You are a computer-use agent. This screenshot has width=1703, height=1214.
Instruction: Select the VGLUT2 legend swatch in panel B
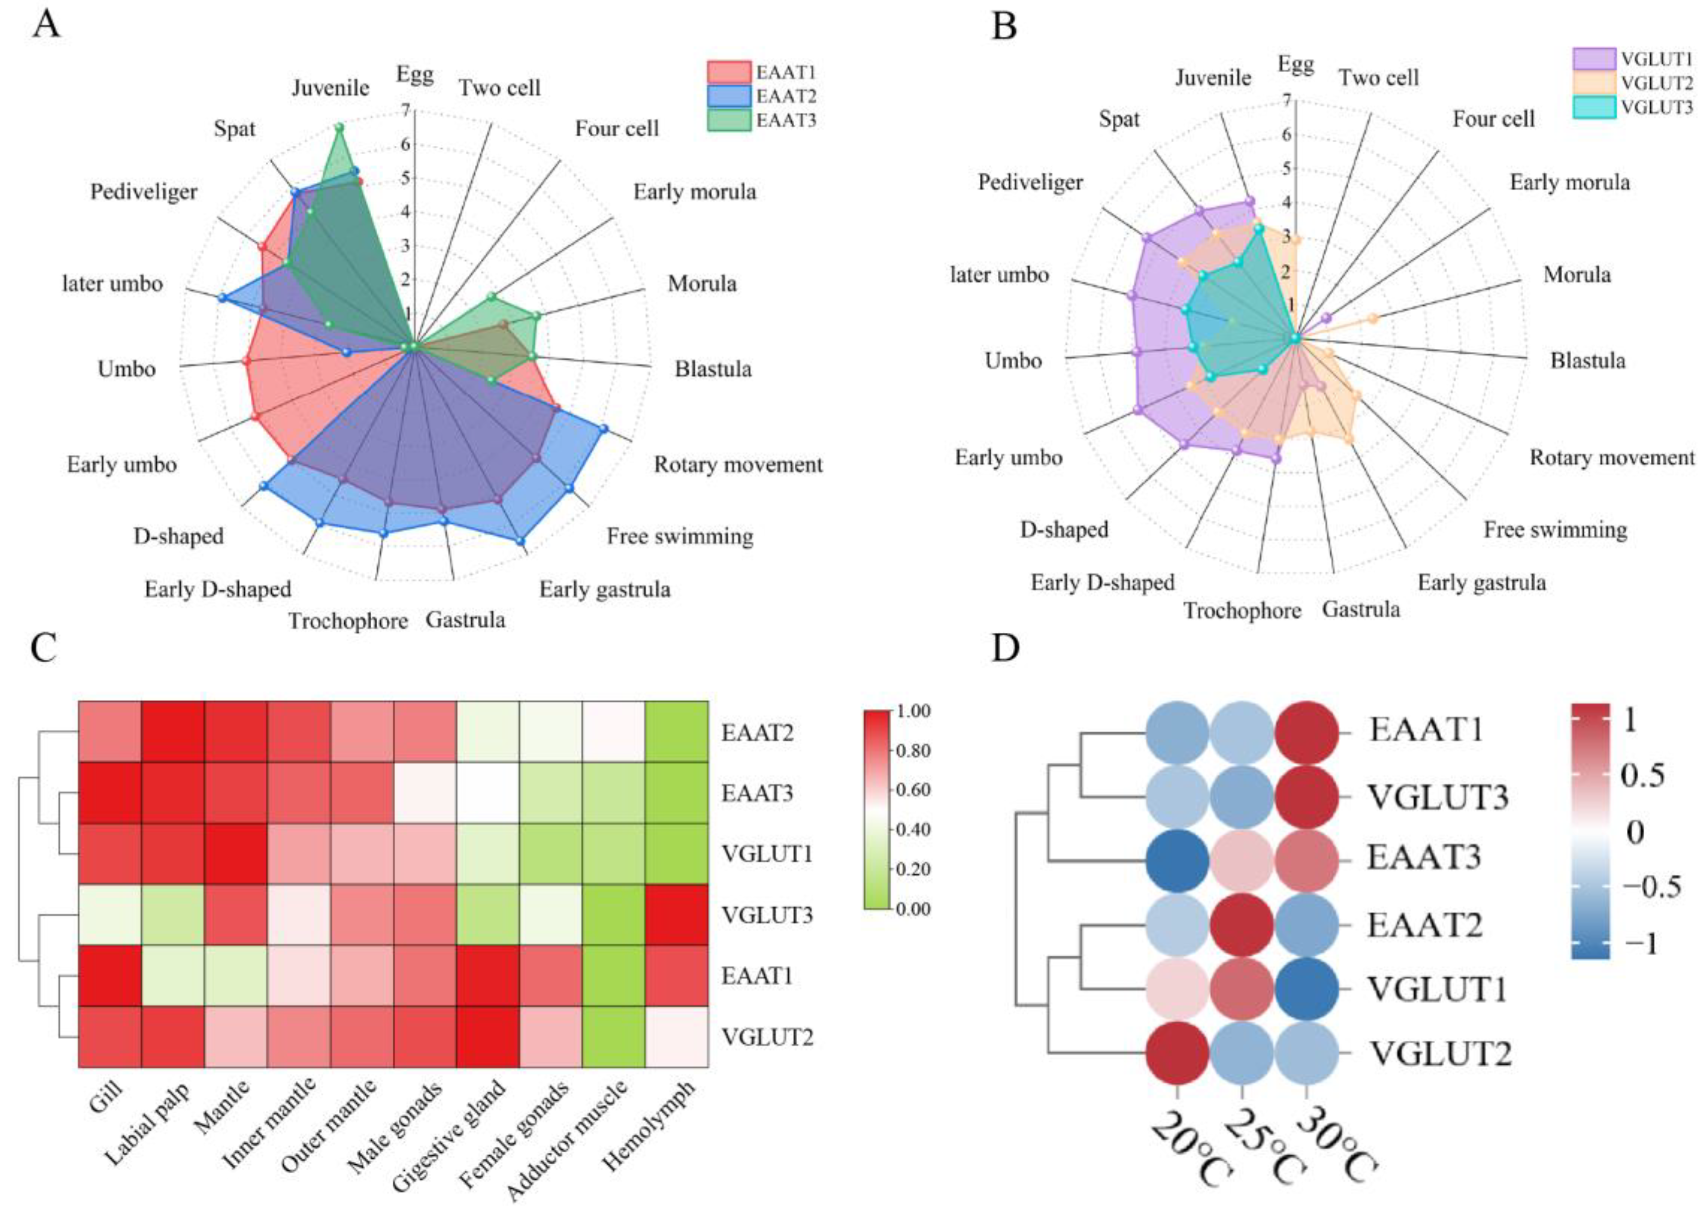coord(1595,82)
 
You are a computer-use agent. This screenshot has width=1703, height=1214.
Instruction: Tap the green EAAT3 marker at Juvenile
coord(338,128)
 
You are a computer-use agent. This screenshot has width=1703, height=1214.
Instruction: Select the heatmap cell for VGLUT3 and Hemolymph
coord(676,915)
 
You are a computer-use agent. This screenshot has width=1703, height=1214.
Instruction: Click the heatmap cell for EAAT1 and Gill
coord(110,976)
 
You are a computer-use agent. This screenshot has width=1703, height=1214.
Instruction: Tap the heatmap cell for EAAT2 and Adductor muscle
coord(614,732)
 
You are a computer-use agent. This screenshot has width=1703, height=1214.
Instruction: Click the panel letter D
coord(1005,649)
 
